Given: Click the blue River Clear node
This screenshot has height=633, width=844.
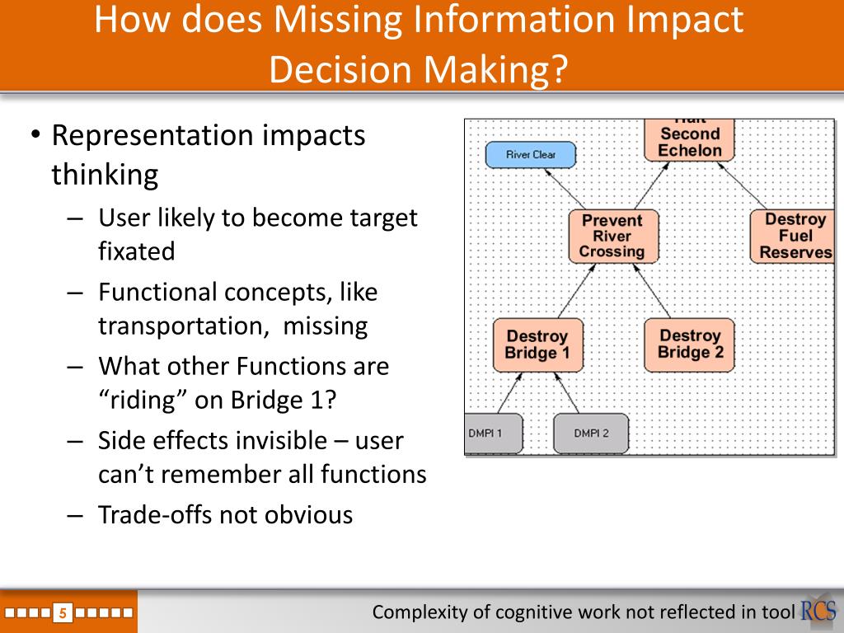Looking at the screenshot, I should [530, 154].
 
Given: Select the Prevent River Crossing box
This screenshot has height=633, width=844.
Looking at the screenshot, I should [613, 236].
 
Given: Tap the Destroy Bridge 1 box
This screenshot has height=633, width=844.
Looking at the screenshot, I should [538, 345].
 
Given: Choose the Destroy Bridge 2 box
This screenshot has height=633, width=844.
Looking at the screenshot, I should [690, 344].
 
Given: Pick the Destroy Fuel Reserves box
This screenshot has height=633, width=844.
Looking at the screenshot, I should [794, 236].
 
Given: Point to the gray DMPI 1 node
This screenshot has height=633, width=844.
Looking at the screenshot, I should [492, 434].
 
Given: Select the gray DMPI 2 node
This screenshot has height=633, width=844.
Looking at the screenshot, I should [590, 434].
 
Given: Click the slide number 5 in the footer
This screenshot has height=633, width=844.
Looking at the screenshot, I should [63, 612].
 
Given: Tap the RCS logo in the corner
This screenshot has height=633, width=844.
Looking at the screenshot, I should [818, 611].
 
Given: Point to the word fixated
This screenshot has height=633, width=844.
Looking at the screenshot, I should [137, 251].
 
